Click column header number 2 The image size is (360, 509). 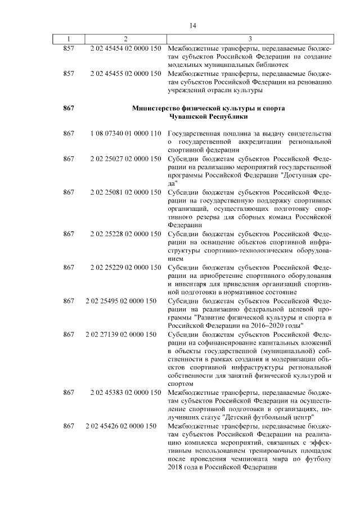(x=125, y=39)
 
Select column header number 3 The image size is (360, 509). (x=249, y=39)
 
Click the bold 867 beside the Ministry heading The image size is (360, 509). (x=69, y=107)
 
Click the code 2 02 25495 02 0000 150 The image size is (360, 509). (x=120, y=301)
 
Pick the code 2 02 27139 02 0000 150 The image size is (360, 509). (x=120, y=335)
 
